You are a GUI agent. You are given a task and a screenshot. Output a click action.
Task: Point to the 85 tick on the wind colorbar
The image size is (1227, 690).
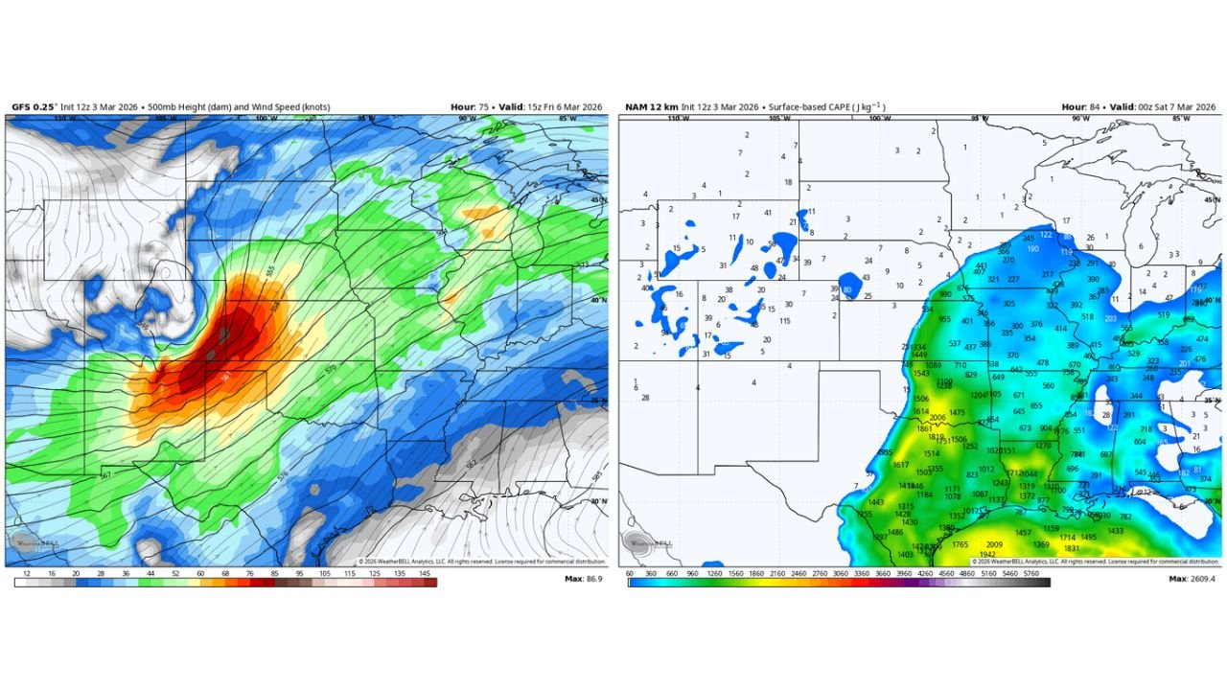tap(275, 572)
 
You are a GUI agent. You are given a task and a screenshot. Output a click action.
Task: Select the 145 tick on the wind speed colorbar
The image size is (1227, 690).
tap(425, 572)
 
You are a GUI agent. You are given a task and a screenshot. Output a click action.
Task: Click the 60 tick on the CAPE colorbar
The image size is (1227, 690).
tap(630, 572)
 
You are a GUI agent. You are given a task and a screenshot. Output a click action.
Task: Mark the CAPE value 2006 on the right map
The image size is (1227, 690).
tap(937, 418)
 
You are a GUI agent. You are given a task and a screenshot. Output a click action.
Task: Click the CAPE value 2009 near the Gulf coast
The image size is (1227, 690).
tap(993, 544)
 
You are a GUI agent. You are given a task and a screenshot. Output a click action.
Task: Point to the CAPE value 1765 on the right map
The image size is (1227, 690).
tap(960, 544)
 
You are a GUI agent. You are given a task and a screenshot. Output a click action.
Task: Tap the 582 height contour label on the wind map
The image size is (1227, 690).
tap(471, 464)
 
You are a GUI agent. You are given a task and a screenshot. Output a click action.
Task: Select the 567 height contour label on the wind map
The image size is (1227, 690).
tap(105, 474)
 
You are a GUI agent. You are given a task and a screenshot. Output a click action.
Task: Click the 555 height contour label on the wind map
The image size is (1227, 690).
tap(270, 271)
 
